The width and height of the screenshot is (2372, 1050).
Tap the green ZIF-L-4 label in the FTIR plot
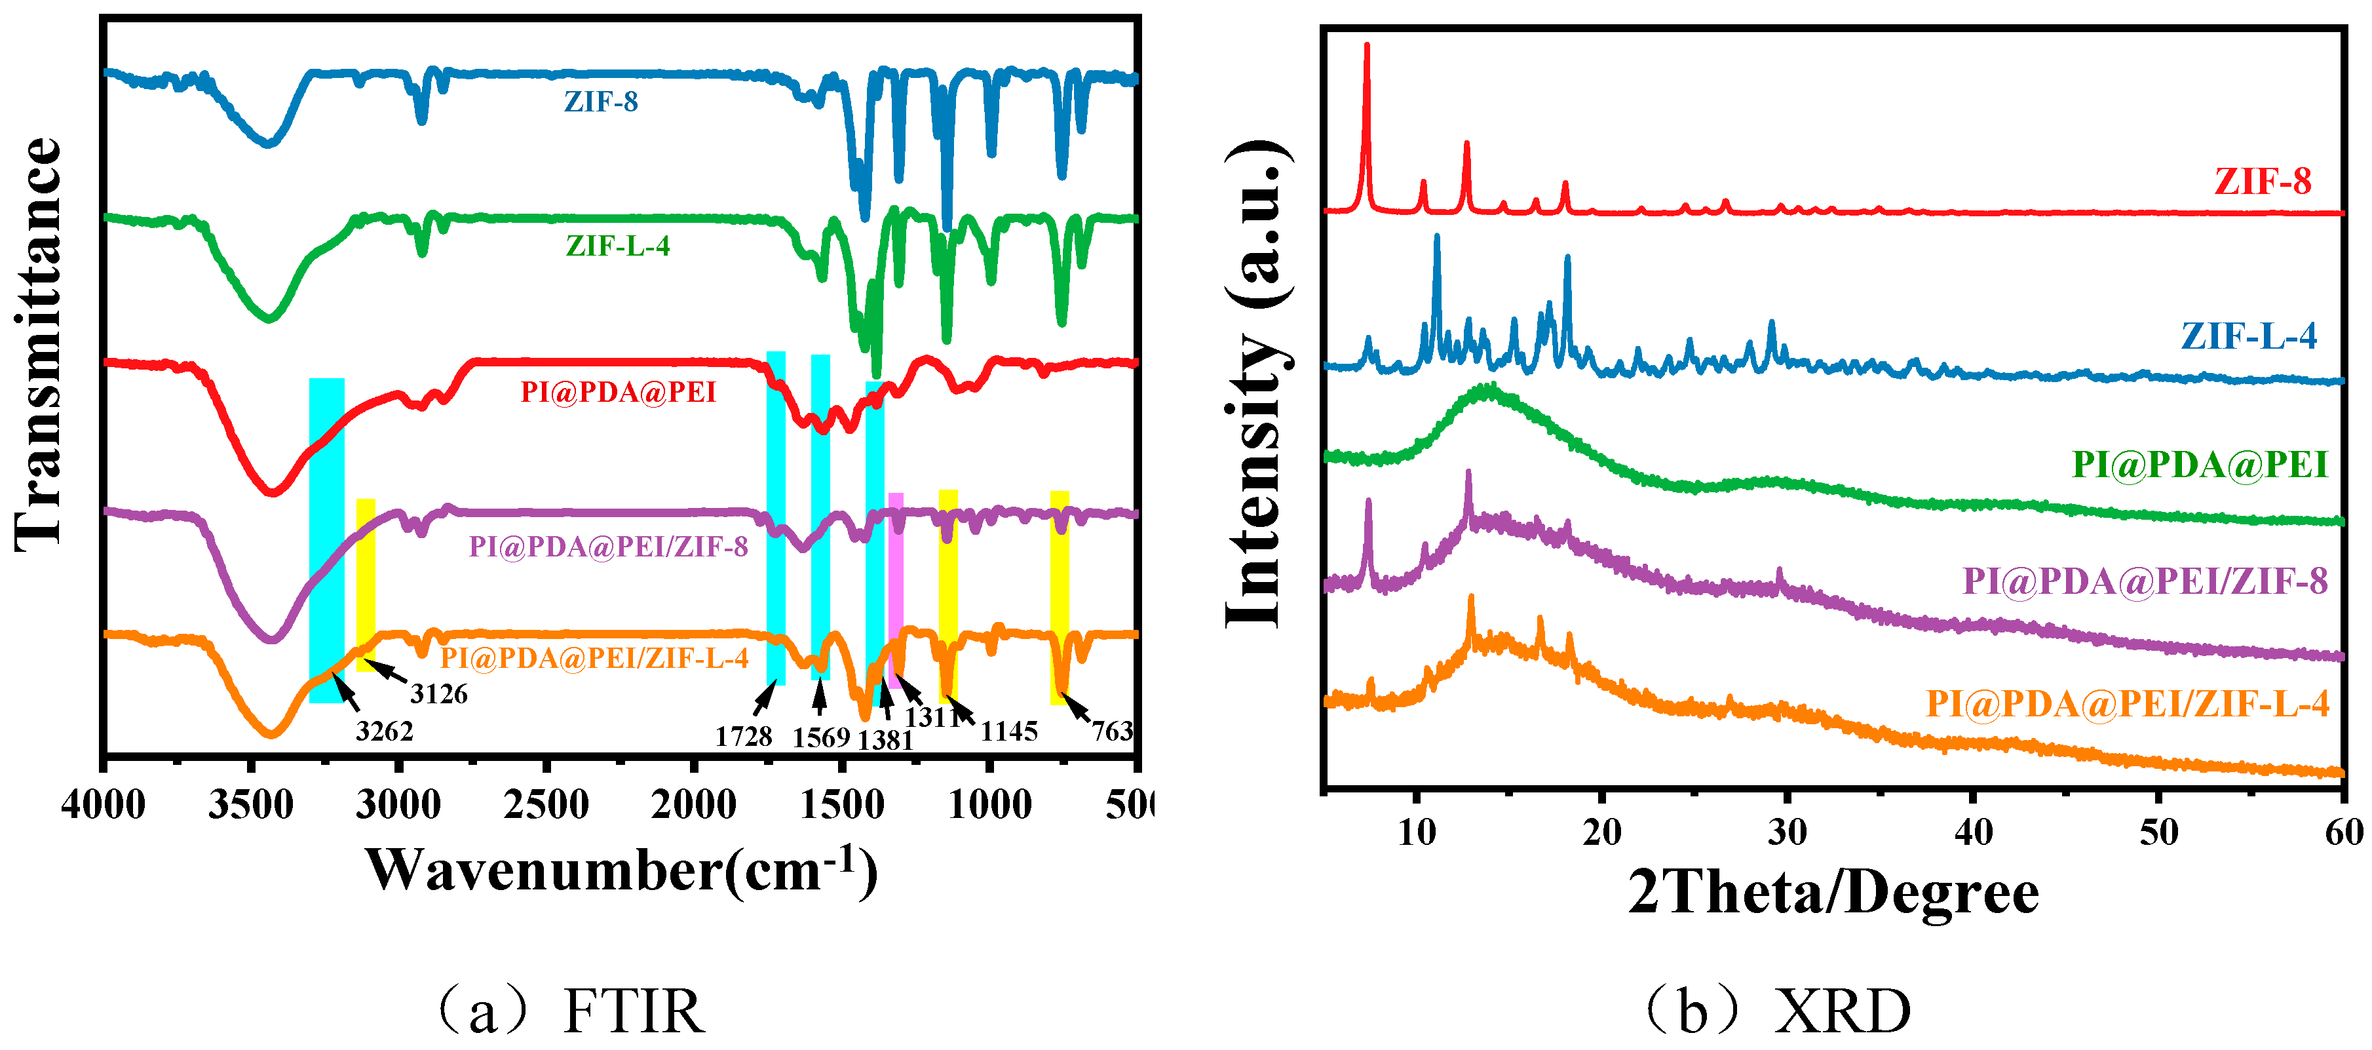coord(617,246)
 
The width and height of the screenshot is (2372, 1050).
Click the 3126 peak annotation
coord(438,693)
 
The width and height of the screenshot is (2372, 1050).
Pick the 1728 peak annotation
coord(743,736)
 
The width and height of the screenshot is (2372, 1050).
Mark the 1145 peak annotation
coord(1009,731)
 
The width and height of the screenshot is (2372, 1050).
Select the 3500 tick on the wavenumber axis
coord(250,805)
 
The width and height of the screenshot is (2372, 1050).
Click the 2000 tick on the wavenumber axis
coord(693,805)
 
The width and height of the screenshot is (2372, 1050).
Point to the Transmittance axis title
coord(39,345)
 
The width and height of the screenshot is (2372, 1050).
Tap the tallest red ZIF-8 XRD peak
coord(1366,46)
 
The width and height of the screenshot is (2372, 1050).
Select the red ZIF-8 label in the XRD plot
coord(2263,182)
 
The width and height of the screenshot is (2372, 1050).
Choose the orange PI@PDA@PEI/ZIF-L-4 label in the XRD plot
coord(2127,704)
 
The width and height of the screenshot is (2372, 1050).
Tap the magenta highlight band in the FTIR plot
coord(895,589)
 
